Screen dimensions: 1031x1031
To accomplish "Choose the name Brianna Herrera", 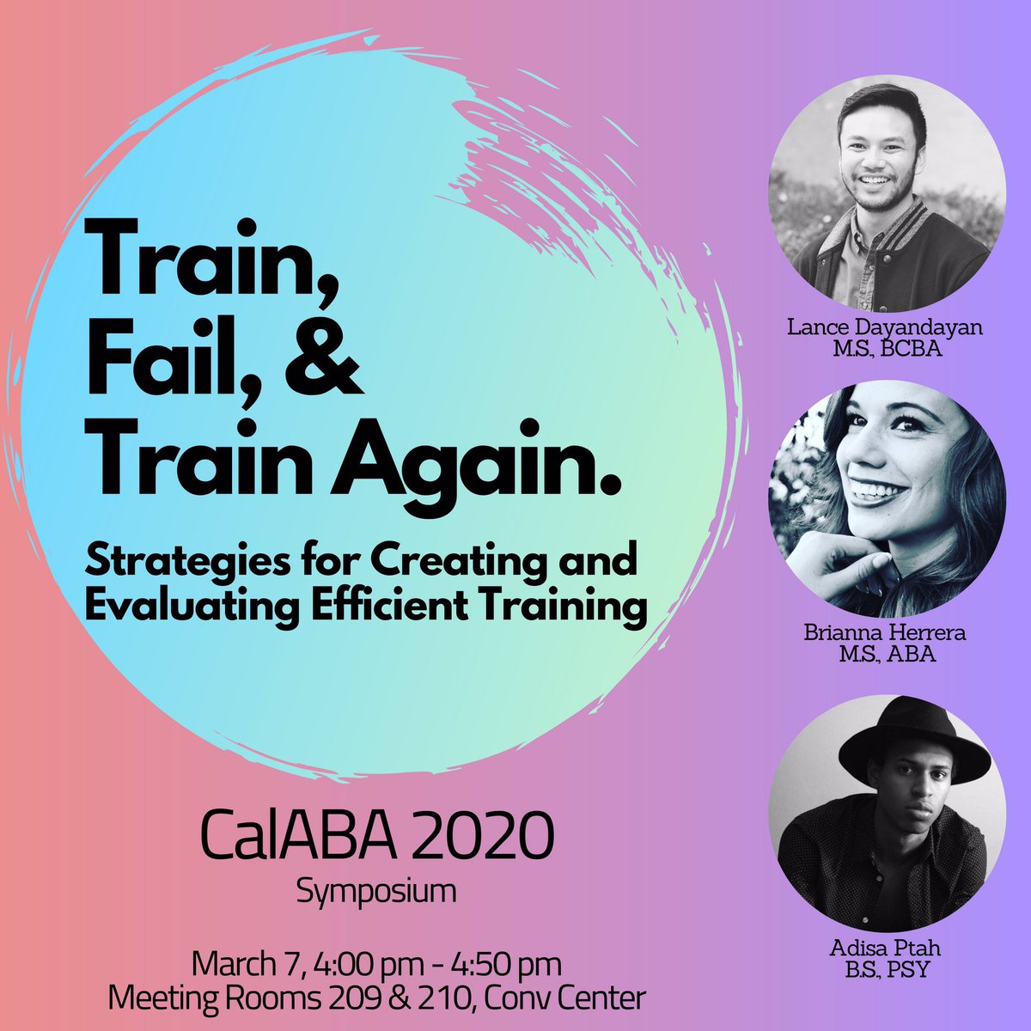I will (887, 633).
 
